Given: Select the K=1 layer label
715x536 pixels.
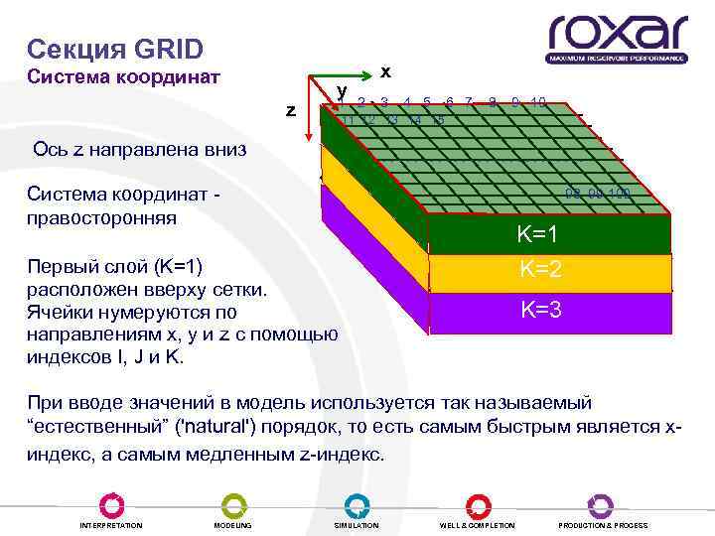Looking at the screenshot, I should tap(539, 235).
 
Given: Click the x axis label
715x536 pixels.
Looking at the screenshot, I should tap(385, 71).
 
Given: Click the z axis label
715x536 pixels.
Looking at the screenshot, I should tap(290, 110).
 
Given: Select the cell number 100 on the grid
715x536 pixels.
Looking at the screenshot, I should tap(618, 193).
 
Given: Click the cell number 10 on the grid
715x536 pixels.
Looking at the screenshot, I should tap(537, 102).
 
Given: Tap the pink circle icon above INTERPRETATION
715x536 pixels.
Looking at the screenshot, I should tap(111, 505).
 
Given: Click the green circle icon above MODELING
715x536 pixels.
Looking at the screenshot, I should tap(233, 505).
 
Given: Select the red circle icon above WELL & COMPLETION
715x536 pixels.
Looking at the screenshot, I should tap(478, 505).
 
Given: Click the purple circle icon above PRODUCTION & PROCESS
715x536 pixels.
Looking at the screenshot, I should tap(601, 505).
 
